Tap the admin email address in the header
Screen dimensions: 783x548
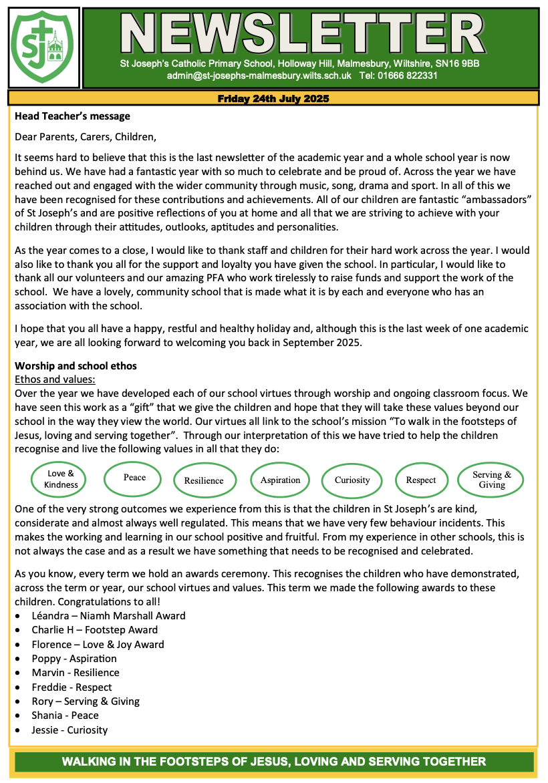click(x=259, y=76)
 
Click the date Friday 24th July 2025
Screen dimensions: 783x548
click(x=273, y=99)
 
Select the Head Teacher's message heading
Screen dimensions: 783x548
click(x=72, y=116)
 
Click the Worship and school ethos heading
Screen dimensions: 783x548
click(x=76, y=366)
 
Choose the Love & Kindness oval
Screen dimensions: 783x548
click(x=61, y=479)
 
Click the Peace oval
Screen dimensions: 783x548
click(x=134, y=478)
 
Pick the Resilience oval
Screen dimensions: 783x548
click(x=204, y=480)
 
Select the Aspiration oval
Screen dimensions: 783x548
click(x=281, y=480)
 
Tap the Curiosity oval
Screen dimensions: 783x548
click(x=352, y=480)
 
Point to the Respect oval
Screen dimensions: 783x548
click(x=421, y=480)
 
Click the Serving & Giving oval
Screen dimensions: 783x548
click(x=492, y=479)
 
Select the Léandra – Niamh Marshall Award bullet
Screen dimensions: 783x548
click(x=108, y=615)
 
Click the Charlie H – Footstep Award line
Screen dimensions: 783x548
click(x=95, y=630)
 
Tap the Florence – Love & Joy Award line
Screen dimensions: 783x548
click(x=98, y=645)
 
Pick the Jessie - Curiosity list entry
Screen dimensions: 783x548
click(x=70, y=730)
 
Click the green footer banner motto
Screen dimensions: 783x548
click(x=273, y=762)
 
